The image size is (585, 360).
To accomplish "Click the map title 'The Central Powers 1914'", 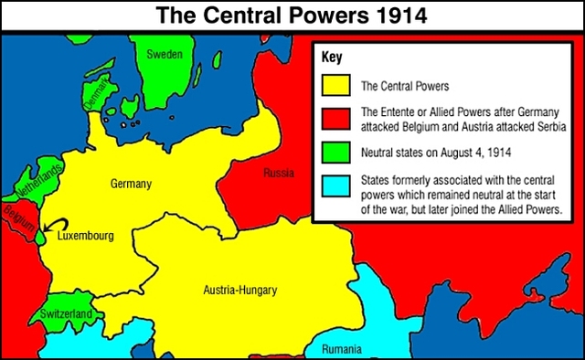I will click(x=292, y=15).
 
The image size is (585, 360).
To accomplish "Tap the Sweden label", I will click(x=165, y=55).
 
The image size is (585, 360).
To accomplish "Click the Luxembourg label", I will click(x=85, y=236).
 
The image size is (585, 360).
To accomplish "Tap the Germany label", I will click(x=131, y=184).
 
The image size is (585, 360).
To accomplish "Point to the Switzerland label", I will click(x=66, y=314).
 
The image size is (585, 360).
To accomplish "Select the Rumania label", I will click(x=342, y=348).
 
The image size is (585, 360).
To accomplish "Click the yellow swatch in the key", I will click(x=336, y=88).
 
